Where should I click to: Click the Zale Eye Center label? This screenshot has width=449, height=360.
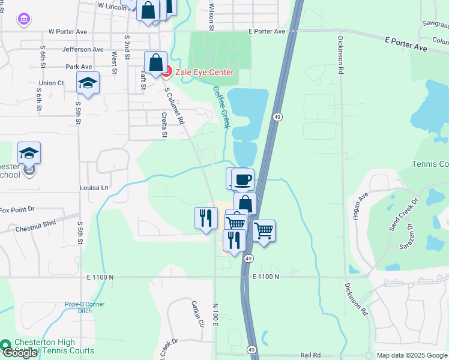point(204,72)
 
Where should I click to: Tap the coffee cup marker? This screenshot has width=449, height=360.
point(243,179)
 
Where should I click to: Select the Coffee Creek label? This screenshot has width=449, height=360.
point(221,107)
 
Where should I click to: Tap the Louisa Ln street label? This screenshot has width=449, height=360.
point(94,188)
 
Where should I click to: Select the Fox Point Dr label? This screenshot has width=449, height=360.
point(18,210)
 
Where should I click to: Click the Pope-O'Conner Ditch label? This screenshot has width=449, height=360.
point(85,308)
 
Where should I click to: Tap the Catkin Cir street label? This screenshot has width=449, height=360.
point(198,314)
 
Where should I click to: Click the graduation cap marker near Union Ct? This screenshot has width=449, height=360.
point(88,83)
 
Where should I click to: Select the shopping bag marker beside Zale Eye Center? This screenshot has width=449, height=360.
point(155,62)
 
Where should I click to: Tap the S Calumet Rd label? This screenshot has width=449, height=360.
point(174,105)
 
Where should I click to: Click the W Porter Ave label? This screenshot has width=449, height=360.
point(68,31)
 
